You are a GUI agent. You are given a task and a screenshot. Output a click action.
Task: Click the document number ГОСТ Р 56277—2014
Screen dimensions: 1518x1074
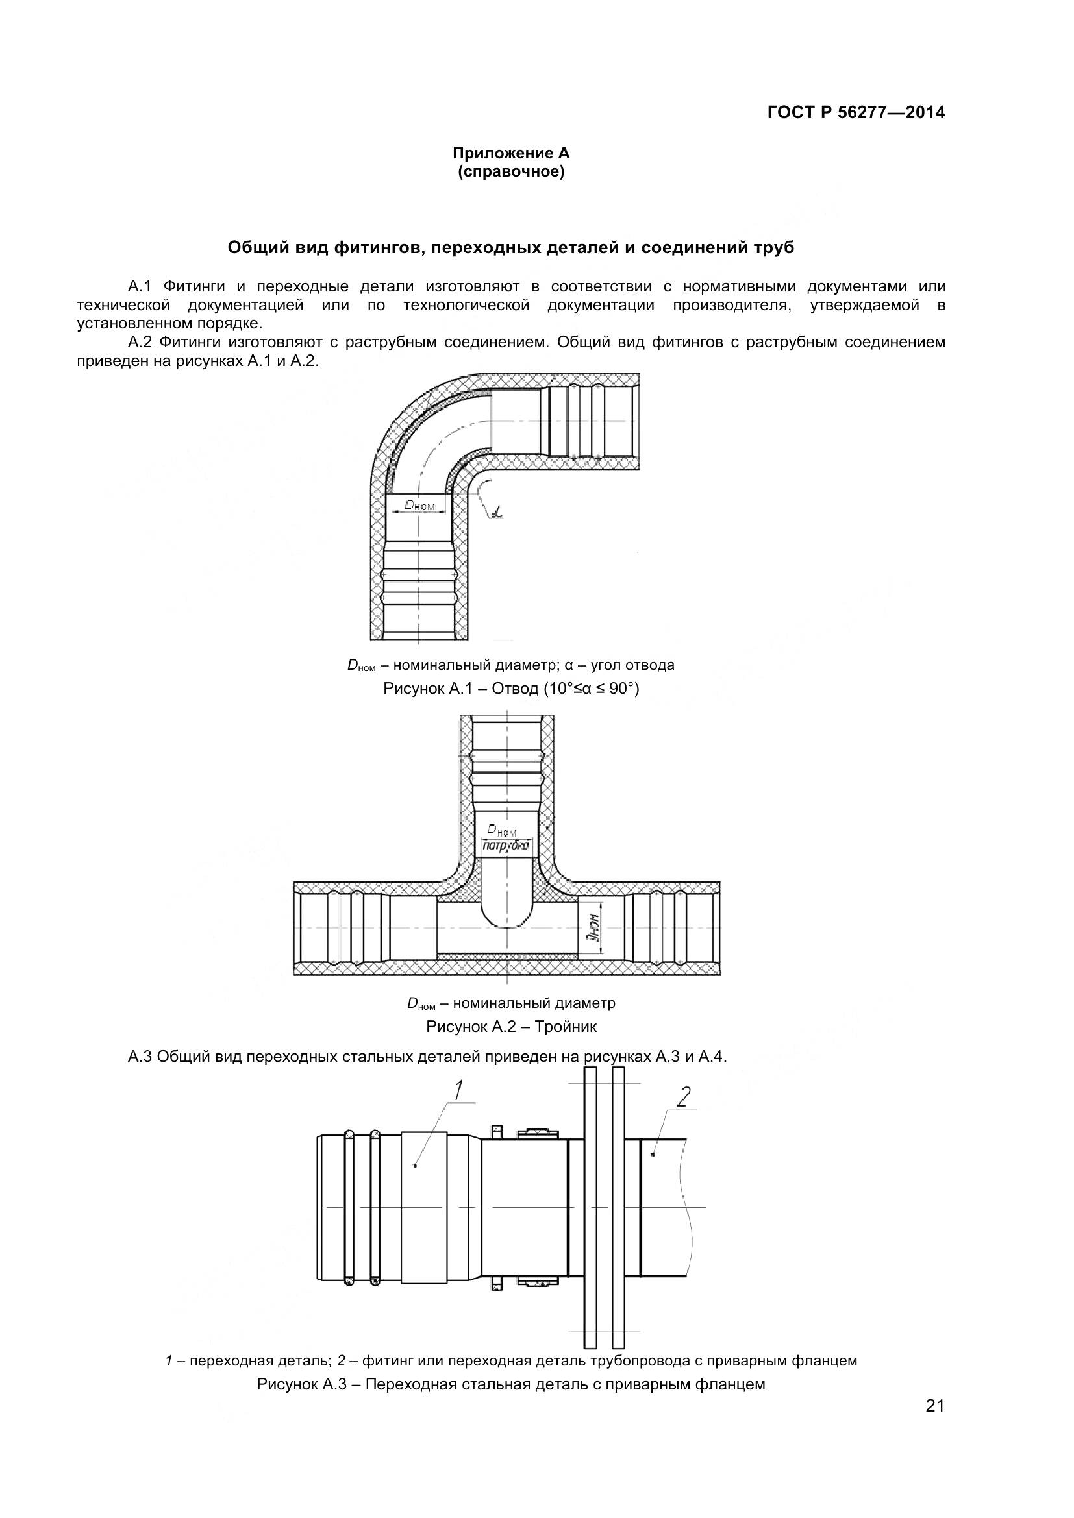coord(856,112)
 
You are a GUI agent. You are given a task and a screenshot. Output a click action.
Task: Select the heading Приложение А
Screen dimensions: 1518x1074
coord(510,153)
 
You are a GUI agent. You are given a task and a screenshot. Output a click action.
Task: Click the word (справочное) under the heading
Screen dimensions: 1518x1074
coord(510,173)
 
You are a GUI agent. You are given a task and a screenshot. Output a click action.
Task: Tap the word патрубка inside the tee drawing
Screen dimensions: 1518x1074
coord(506,846)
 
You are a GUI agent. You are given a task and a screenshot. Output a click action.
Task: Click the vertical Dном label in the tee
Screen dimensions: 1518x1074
coord(595,927)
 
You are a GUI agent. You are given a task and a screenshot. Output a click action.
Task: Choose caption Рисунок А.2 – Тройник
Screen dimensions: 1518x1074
coord(510,1027)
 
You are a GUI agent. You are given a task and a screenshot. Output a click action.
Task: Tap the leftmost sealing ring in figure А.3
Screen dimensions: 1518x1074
coord(349,1208)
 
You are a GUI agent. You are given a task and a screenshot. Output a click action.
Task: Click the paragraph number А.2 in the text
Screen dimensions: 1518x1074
coord(140,343)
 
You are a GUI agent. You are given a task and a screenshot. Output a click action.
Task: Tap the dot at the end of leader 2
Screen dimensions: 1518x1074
coord(653,1155)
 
